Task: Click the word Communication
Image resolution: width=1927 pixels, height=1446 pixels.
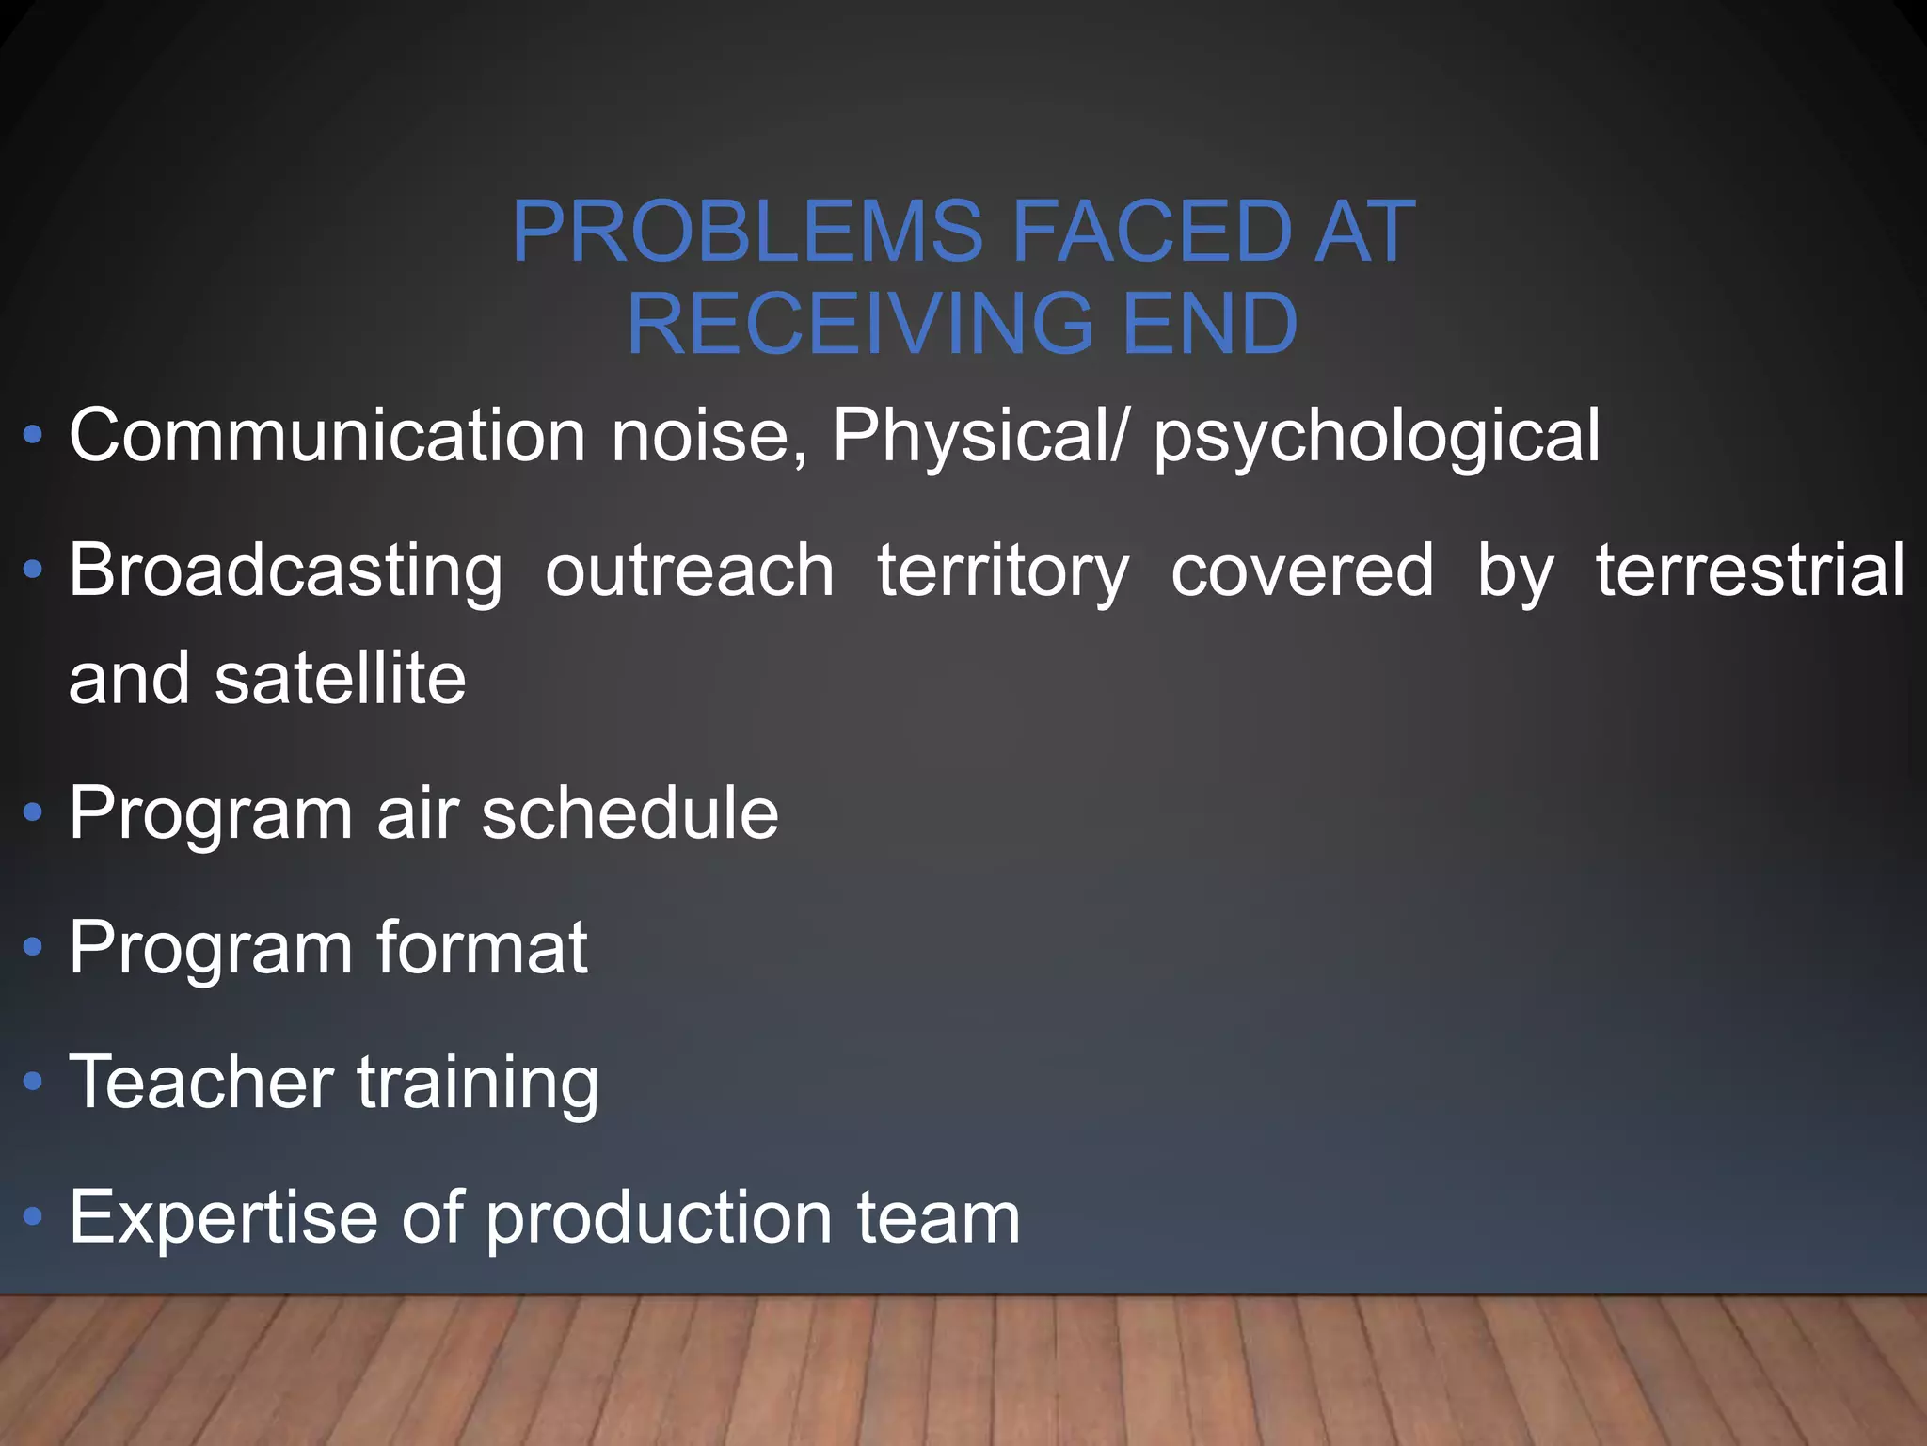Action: tap(328, 436)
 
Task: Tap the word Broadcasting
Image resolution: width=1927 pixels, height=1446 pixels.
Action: tap(286, 571)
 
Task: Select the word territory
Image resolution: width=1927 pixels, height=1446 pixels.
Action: tap(1002, 571)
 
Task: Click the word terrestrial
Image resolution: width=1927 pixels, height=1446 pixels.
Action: tap(1750, 570)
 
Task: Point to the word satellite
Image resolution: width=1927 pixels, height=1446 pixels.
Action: tap(340, 678)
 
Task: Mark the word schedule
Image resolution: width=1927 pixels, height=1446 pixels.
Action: tap(629, 812)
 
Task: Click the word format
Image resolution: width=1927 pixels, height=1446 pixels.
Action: tap(482, 947)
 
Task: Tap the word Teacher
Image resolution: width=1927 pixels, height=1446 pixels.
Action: tap(201, 1082)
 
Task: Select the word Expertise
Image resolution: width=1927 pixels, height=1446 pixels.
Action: tap(222, 1217)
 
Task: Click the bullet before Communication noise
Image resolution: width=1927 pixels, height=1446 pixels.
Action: tap(33, 436)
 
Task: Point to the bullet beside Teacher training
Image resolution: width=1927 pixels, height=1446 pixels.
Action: tap(33, 1082)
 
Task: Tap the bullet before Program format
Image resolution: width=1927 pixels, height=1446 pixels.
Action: tap(33, 947)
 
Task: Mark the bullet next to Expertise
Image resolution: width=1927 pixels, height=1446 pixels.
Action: tap(33, 1217)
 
